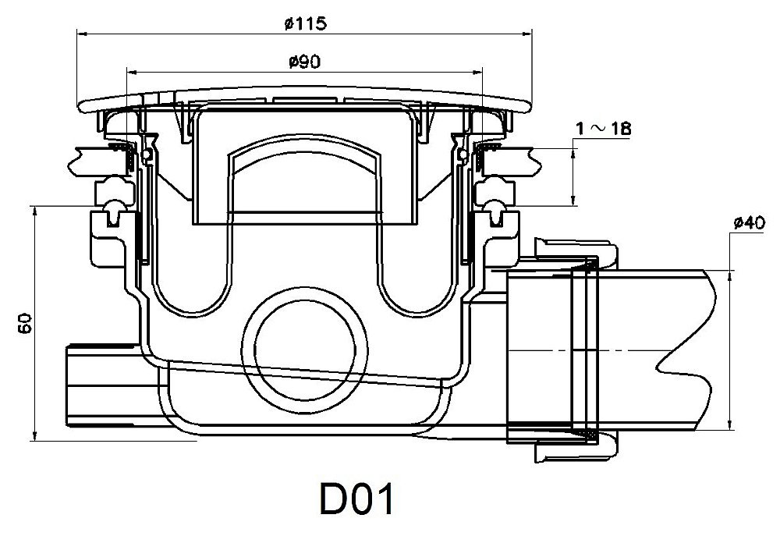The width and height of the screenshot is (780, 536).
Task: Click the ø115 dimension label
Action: click(x=306, y=23)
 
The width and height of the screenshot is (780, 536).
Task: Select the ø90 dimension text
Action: click(x=304, y=62)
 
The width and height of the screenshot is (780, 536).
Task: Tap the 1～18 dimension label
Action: click(x=604, y=129)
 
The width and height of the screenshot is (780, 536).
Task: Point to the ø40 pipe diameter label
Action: click(x=750, y=222)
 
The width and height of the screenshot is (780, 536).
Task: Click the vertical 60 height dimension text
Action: click(x=25, y=324)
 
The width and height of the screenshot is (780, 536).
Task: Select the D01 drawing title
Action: click(x=356, y=499)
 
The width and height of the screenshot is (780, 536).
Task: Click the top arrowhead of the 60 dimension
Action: click(x=34, y=211)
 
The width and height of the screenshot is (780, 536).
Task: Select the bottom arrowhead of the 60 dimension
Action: click(x=34, y=435)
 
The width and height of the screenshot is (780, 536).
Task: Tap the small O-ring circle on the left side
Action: click(x=147, y=154)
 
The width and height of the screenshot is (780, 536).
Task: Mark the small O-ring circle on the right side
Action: click(x=463, y=154)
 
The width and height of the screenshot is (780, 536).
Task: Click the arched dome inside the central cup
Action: click(x=305, y=149)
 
